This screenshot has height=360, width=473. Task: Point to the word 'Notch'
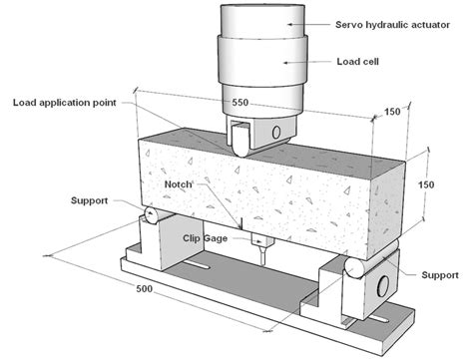click(x=184, y=186)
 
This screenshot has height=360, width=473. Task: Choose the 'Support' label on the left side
click(x=93, y=199)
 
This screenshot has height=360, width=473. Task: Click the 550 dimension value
click(x=240, y=103)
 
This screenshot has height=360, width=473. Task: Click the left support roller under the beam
click(x=147, y=216)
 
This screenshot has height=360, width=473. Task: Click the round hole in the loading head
click(x=277, y=134)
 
